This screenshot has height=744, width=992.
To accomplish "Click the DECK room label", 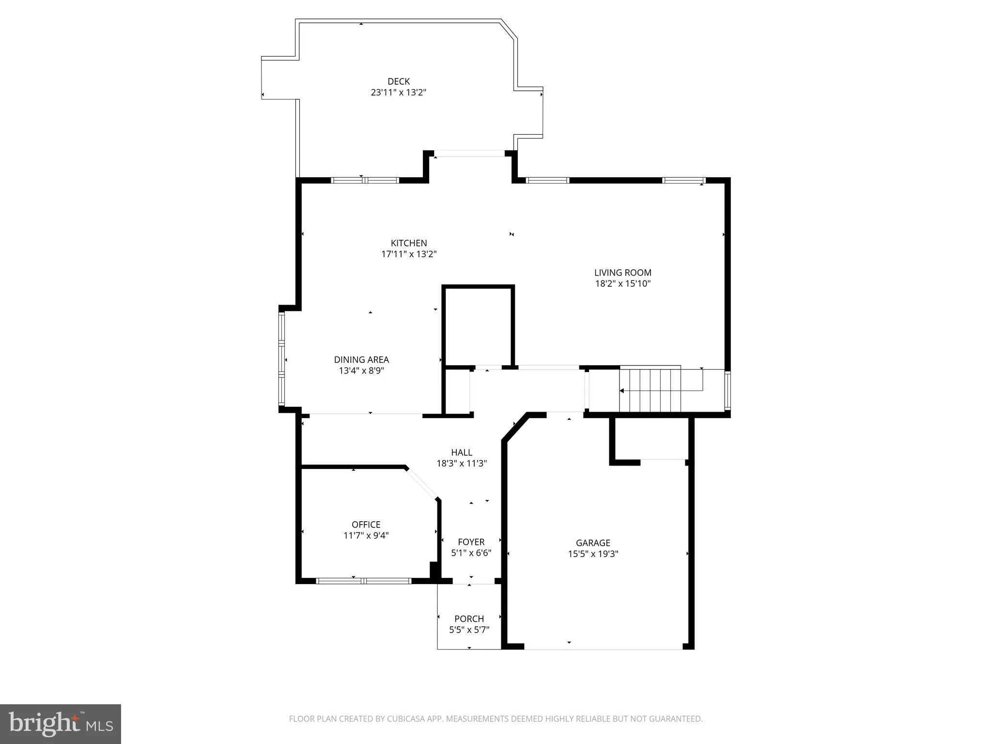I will coord(398,81).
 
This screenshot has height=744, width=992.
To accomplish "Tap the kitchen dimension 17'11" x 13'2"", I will coord(409,254).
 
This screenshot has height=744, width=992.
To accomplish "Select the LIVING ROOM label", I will coord(622,273).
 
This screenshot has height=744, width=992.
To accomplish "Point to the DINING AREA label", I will coord(361,359).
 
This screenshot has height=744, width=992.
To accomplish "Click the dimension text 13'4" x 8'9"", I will coord(361,371).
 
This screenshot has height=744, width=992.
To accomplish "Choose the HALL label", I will coord(461,452).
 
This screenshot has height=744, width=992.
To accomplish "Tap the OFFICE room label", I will coord(366,525).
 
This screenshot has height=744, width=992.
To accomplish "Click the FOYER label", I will coord(471,542).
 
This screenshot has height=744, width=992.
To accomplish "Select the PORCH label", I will coord(469,619).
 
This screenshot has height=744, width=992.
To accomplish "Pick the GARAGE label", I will coord(593,543).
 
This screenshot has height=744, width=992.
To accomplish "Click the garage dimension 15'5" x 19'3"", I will coord(593,554).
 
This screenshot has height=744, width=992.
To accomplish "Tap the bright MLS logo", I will coord(61,724).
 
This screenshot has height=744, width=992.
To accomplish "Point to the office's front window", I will coord(364,581).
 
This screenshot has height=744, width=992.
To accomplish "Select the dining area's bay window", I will coord(281,359).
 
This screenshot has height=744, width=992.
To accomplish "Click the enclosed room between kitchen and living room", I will coord(478,325).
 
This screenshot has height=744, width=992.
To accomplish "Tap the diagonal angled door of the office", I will coord(422,483).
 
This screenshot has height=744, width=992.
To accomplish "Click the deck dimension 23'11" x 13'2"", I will coord(398,93).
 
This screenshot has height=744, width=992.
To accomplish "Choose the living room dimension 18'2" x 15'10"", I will coord(622,284).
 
